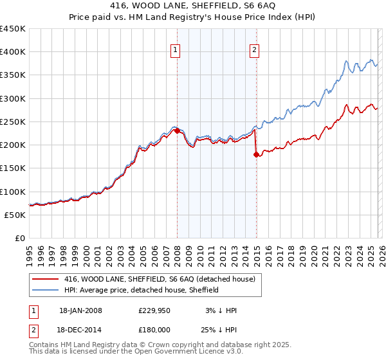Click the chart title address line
pos(193,6)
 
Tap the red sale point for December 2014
pos(257,154)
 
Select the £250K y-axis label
pos(13,122)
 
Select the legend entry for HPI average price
pos(142,290)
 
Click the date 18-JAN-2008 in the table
pos(80,310)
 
